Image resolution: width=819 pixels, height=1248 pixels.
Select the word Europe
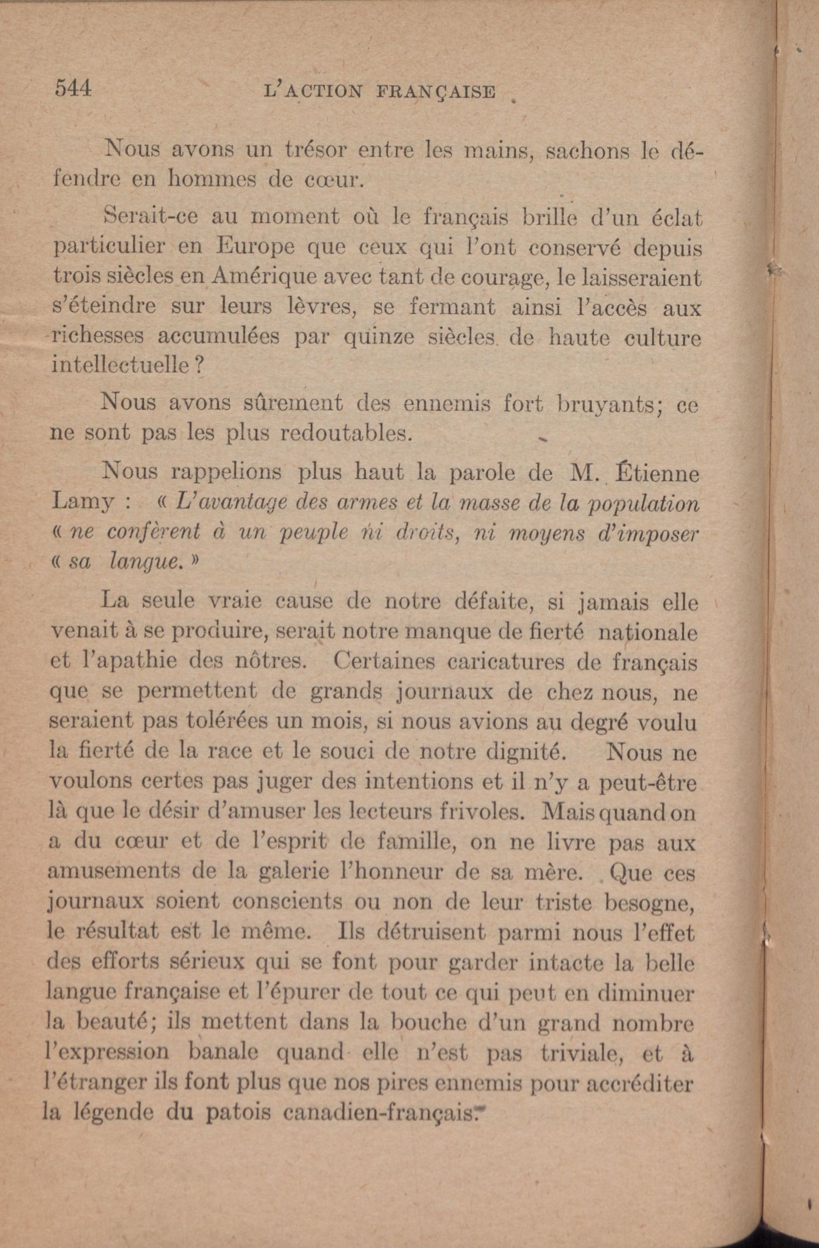pyautogui.click(x=256, y=247)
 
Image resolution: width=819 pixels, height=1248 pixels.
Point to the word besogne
pyautogui.click(x=649, y=902)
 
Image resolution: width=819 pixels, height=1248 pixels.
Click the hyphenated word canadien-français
pyautogui.click(x=380, y=1113)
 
